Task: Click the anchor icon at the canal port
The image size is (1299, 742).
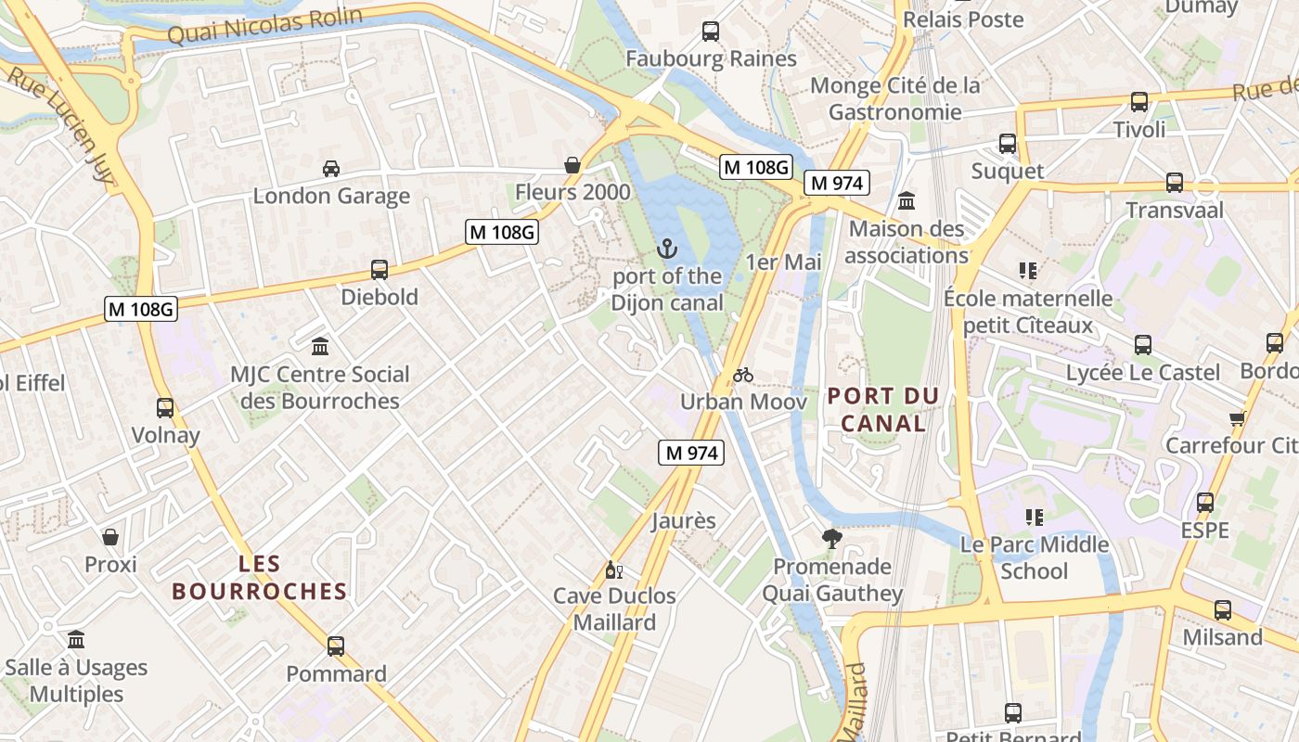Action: tap(666, 248)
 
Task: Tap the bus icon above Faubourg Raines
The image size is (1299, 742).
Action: tap(711, 31)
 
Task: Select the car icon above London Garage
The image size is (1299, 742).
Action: tap(331, 168)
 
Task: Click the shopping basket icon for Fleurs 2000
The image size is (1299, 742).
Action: tap(572, 165)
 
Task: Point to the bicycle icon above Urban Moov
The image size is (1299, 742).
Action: tap(743, 375)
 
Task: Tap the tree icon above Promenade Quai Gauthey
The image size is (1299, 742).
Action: tap(832, 538)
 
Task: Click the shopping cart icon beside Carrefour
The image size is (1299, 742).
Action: tap(1237, 418)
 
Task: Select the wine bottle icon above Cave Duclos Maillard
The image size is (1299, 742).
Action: tap(613, 569)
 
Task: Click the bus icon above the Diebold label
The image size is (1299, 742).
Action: tap(379, 270)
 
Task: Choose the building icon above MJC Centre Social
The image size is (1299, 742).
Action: tap(320, 346)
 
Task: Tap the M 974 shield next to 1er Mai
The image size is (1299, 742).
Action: tap(837, 183)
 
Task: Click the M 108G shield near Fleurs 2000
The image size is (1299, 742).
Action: tap(502, 232)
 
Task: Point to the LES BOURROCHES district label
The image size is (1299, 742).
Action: tap(260, 577)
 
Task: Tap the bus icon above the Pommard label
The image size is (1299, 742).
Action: tap(336, 646)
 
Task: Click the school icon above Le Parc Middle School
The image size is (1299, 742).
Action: tap(1035, 517)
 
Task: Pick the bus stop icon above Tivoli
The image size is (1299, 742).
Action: tap(1139, 102)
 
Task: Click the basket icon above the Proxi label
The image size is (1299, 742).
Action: tap(110, 537)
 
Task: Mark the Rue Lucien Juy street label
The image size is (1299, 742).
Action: tap(62, 126)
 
